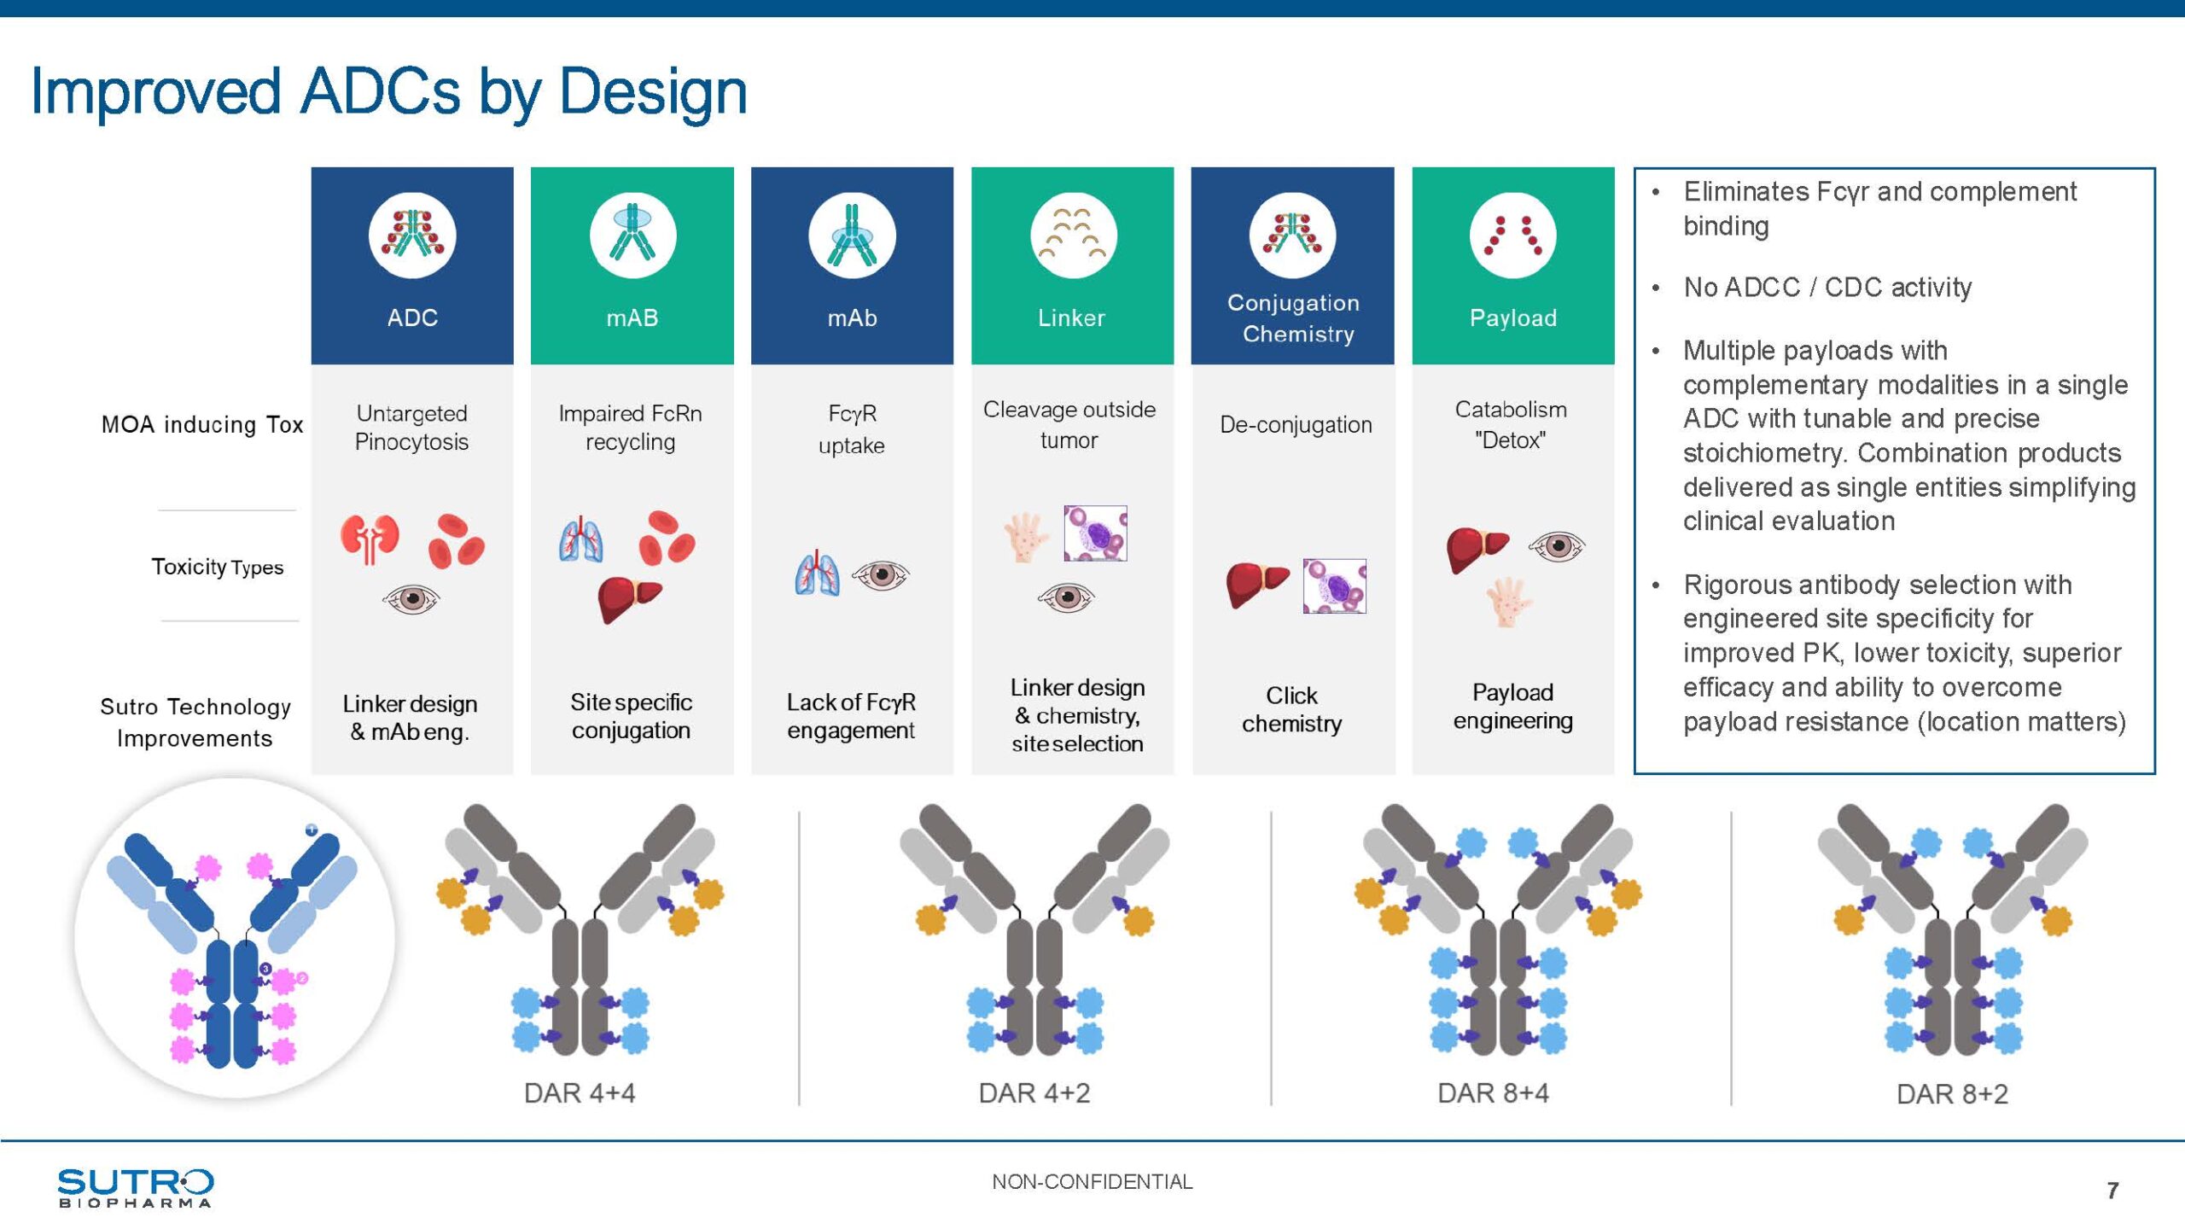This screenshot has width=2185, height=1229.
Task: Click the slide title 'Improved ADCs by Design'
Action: point(388,92)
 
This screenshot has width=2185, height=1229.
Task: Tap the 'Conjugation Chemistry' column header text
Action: point(1294,317)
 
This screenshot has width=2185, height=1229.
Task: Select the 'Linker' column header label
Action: point(1071,317)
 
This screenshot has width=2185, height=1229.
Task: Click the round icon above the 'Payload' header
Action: point(1512,236)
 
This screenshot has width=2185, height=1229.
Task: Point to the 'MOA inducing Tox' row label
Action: point(202,424)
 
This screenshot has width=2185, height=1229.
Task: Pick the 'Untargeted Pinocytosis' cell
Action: point(411,428)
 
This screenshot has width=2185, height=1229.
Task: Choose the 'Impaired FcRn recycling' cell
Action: point(631,428)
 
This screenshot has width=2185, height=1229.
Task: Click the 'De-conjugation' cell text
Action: point(1296,424)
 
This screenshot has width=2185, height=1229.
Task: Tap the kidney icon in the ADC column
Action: point(370,539)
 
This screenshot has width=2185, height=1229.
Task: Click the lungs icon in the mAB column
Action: point(581,539)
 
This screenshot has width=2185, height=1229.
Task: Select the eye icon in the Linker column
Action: point(1066,597)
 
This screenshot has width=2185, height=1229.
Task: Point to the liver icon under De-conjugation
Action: point(1256,585)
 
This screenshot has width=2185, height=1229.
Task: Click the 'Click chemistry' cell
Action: point(1291,709)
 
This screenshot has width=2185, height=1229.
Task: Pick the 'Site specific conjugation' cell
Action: point(631,716)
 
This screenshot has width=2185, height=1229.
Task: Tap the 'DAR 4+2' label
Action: point(1034,1093)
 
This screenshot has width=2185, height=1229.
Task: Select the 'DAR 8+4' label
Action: point(1493,1093)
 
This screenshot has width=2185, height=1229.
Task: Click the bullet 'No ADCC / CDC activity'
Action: point(1827,288)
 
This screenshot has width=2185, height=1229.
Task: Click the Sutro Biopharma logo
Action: point(136,1187)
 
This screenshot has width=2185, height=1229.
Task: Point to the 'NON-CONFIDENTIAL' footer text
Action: point(1092,1182)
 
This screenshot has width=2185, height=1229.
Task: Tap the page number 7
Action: point(2112,1191)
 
